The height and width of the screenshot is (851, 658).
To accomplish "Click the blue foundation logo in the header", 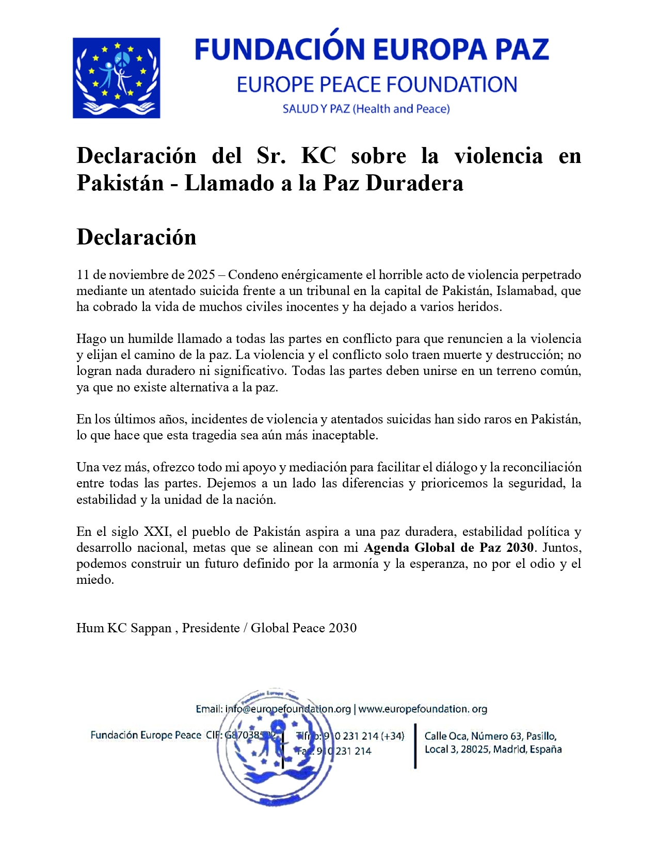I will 116,78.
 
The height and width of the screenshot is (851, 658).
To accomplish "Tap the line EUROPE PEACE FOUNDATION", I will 377,85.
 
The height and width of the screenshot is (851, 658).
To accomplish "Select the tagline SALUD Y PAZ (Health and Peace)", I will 366,109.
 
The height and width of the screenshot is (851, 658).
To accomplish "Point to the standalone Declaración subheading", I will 136,237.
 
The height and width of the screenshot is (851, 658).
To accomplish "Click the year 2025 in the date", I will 201,275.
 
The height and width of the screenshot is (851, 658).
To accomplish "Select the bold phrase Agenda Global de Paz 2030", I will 448,548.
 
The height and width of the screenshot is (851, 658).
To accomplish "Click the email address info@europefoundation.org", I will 287,709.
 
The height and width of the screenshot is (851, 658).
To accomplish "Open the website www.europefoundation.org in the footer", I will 423,709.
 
